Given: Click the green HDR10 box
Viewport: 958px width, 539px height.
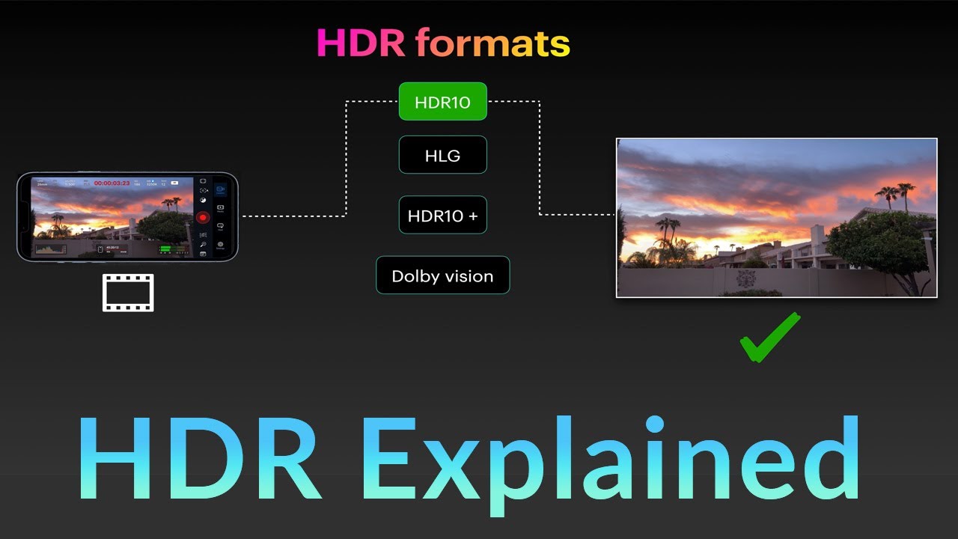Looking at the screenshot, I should pos(442,102).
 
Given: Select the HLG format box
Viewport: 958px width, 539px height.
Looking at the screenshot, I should pos(442,156).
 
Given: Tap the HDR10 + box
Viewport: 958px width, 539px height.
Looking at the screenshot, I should pos(442,216).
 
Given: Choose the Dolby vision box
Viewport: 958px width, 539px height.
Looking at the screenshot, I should pos(442,275).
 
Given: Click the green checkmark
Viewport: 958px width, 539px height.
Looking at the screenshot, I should pos(769,338).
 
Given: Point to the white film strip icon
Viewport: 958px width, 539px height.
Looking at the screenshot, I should pos(128,293).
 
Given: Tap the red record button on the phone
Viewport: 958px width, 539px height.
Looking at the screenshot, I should pos(202,217).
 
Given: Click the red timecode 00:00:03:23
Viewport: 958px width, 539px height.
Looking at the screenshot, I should pos(112,183).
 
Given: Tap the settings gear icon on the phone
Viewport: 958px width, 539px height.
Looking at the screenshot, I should pos(221,245).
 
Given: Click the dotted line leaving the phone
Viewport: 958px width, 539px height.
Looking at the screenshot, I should pos(292,216).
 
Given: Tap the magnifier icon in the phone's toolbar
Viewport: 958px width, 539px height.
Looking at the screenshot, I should pos(202,244).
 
